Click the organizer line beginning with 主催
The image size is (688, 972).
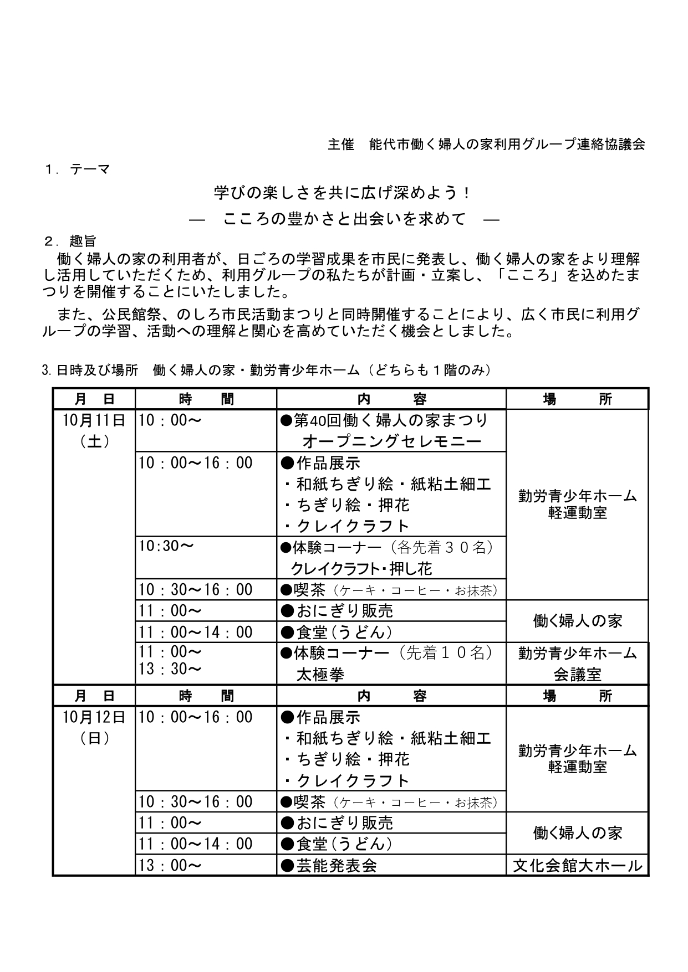point(486,145)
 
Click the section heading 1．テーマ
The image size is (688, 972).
point(77,169)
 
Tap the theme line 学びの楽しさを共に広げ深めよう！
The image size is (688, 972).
point(343,193)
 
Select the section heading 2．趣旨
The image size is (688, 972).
point(70,241)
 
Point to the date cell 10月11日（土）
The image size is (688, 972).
point(94,431)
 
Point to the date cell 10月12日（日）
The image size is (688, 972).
point(94,728)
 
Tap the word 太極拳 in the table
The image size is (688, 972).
point(320,674)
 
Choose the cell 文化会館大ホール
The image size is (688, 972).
point(577,865)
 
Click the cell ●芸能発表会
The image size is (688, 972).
point(329,865)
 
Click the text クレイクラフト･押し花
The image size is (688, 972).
point(361,569)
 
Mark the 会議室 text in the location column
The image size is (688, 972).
point(577,675)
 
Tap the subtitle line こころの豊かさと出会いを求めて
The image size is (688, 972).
point(344,219)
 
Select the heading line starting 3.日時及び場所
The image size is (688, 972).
point(266,371)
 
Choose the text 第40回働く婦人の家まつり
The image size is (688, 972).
point(384,420)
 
